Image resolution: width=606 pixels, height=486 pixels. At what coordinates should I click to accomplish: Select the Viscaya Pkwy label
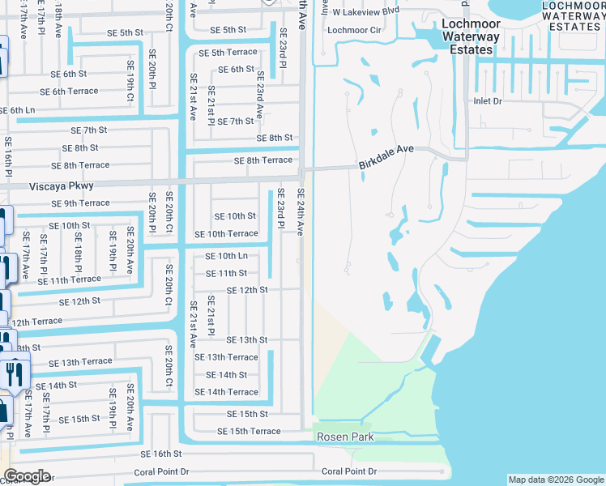(x=33, y=185)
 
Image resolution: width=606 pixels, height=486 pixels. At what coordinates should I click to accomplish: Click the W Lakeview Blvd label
(x=366, y=12)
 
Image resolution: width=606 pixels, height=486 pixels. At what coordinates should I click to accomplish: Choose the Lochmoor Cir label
(x=353, y=31)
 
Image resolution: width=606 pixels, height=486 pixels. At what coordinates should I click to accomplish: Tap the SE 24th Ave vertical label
(x=300, y=211)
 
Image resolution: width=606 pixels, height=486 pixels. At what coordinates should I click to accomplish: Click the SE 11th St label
(x=226, y=274)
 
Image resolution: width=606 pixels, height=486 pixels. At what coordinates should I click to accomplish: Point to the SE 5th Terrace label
(x=228, y=53)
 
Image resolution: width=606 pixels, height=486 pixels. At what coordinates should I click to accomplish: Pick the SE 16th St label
(x=160, y=454)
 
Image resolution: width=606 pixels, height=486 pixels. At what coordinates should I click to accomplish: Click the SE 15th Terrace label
(x=249, y=431)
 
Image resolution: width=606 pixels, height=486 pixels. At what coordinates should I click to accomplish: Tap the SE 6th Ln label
(x=17, y=110)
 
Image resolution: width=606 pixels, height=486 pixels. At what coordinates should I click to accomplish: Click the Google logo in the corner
(x=27, y=476)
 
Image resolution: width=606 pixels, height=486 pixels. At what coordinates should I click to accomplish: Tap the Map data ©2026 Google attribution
(x=555, y=480)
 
